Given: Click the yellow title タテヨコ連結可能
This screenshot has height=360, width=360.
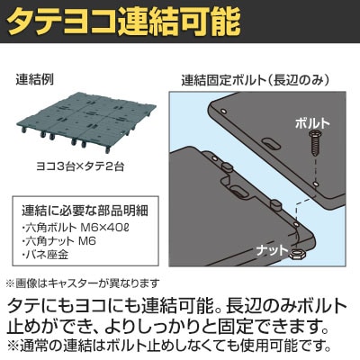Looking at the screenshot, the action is pyautogui.click(x=124, y=22).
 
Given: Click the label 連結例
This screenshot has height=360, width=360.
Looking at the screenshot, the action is pyautogui.click(x=34, y=80).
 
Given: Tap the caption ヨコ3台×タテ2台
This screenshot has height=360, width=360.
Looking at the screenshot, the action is pyautogui.click(x=80, y=166).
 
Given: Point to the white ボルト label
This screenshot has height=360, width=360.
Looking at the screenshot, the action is pyautogui.click(x=312, y=123).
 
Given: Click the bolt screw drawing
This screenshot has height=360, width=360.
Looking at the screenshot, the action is pyautogui.click(x=315, y=143).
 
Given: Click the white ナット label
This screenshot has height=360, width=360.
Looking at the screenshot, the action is pyautogui.click(x=272, y=250).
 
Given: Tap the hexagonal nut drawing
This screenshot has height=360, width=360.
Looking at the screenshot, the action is pyautogui.click(x=297, y=255).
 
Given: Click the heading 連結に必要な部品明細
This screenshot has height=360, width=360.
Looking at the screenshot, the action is pyautogui.click(x=85, y=211).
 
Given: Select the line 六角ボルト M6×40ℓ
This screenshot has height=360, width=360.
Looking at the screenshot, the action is pyautogui.click(x=76, y=228).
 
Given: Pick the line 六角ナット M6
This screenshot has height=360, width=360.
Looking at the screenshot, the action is pyautogui.click(x=58, y=241).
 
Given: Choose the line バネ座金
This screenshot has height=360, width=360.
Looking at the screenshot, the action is pyautogui.click(x=46, y=255).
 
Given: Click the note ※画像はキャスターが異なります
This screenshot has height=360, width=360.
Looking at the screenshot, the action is pyautogui.click(x=82, y=283).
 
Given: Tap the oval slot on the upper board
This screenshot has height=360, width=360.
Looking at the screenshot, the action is pyautogui.click(x=271, y=143).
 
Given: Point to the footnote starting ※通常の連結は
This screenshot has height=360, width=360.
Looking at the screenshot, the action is pyautogui.click(x=169, y=346).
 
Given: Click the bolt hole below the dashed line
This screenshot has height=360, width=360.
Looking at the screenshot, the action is pyautogui.click(x=315, y=183).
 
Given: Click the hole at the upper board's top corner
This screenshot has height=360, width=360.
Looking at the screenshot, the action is pyautogui.click(x=222, y=111).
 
